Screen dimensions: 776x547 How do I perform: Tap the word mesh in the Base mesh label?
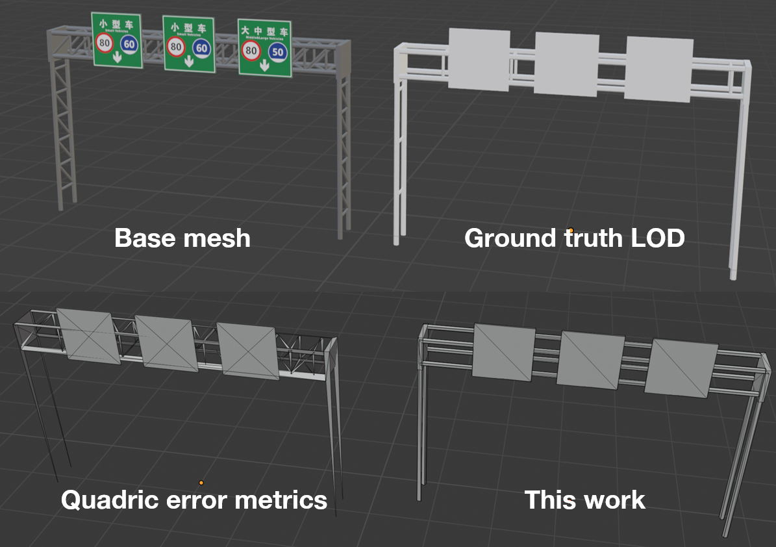(x=217, y=238)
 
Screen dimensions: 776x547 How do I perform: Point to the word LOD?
(x=658, y=238)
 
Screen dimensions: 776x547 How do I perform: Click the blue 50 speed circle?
(x=278, y=52)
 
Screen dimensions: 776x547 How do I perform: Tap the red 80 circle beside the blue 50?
(x=251, y=51)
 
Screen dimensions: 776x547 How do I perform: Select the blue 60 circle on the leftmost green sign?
(x=130, y=44)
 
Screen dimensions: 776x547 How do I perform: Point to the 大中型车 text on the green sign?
(x=264, y=31)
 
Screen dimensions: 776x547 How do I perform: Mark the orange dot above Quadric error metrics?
(x=201, y=483)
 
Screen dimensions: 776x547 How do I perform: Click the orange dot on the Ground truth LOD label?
(x=571, y=231)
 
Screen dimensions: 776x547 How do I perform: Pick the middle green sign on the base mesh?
(x=188, y=44)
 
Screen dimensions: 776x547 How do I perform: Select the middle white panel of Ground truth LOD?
(x=566, y=64)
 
